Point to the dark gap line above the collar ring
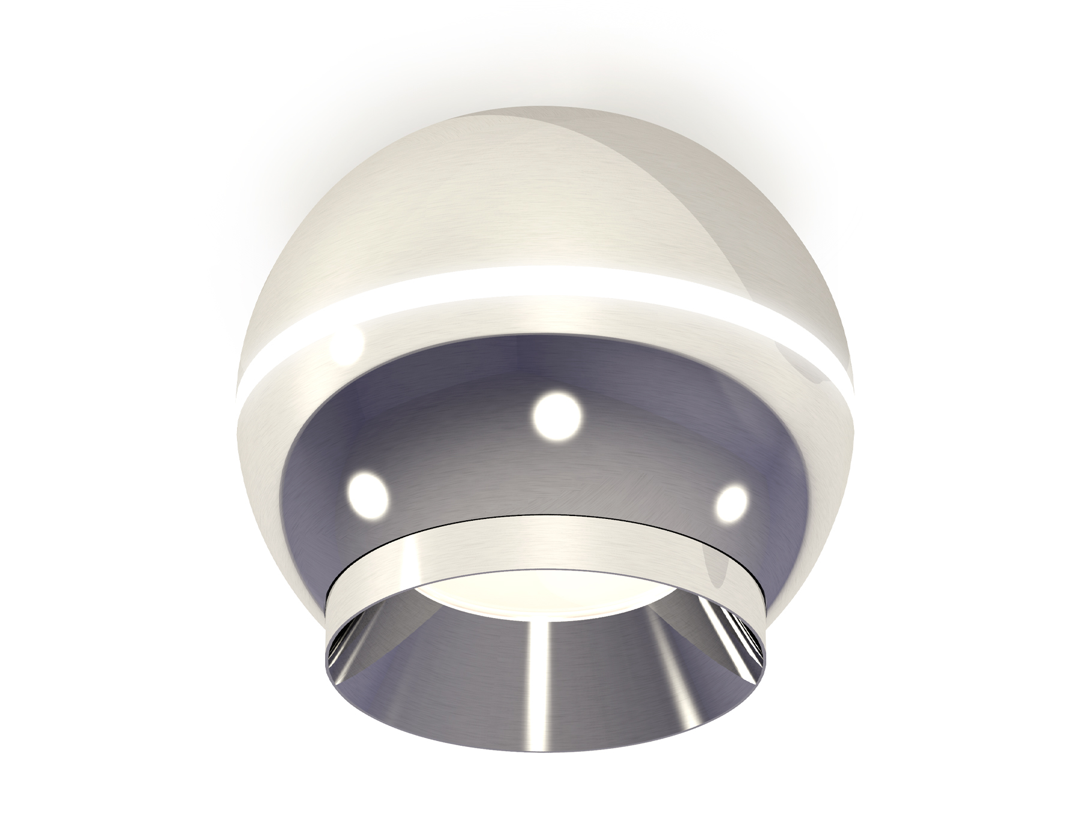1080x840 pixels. (x=540, y=514)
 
